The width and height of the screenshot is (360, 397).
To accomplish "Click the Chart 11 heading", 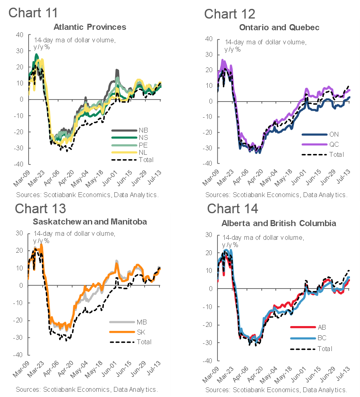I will point(33,12).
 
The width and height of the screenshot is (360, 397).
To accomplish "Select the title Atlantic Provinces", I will point(90,27).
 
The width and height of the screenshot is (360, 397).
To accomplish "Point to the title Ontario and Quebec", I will point(279,27).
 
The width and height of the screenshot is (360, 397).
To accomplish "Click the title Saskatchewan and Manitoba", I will point(90,222).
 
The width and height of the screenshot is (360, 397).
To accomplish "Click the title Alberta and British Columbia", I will point(279,223).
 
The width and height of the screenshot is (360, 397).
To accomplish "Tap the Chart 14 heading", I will point(233,209).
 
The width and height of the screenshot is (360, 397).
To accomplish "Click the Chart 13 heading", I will point(41,208).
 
